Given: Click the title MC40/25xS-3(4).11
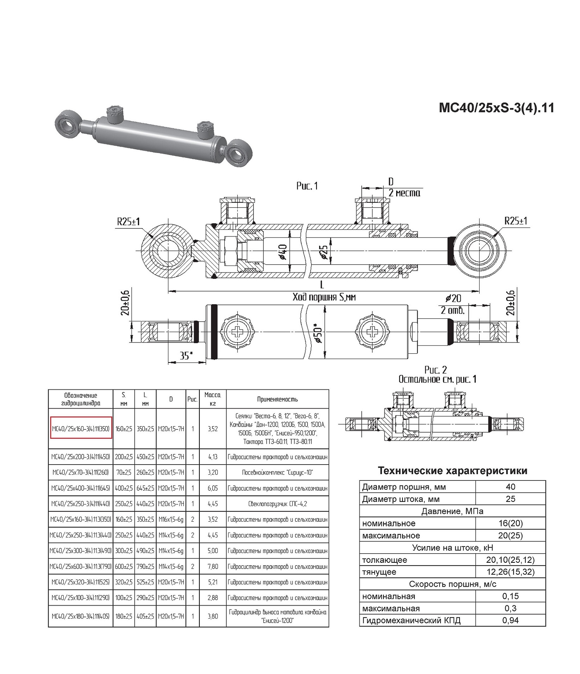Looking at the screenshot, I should tap(496, 108).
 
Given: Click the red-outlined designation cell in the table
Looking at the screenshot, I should tap(81, 428).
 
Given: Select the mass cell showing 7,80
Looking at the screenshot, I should tap(213, 567).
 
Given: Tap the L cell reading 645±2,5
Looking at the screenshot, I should tap(145, 488).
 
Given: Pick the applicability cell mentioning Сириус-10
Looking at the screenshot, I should tap(277, 472).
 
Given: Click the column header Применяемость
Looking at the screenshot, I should tap(277, 399).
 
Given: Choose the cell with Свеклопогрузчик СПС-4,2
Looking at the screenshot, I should tap(277, 504).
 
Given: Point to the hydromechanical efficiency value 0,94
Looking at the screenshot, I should tap(510, 620).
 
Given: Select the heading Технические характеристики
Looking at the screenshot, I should tap(453, 471).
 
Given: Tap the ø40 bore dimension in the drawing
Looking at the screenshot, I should tap(283, 252).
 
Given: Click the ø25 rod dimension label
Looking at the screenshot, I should tap(324, 252).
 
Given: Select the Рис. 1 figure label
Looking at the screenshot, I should tap(307, 186).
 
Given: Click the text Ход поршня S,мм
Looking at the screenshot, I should tap(324, 297).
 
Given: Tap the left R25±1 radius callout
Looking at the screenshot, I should tap(129, 222).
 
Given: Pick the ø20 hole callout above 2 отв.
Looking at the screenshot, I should tap(453, 299).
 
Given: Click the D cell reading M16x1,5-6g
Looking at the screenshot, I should tap(171, 519).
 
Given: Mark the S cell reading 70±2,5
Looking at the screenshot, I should tap(124, 472).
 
